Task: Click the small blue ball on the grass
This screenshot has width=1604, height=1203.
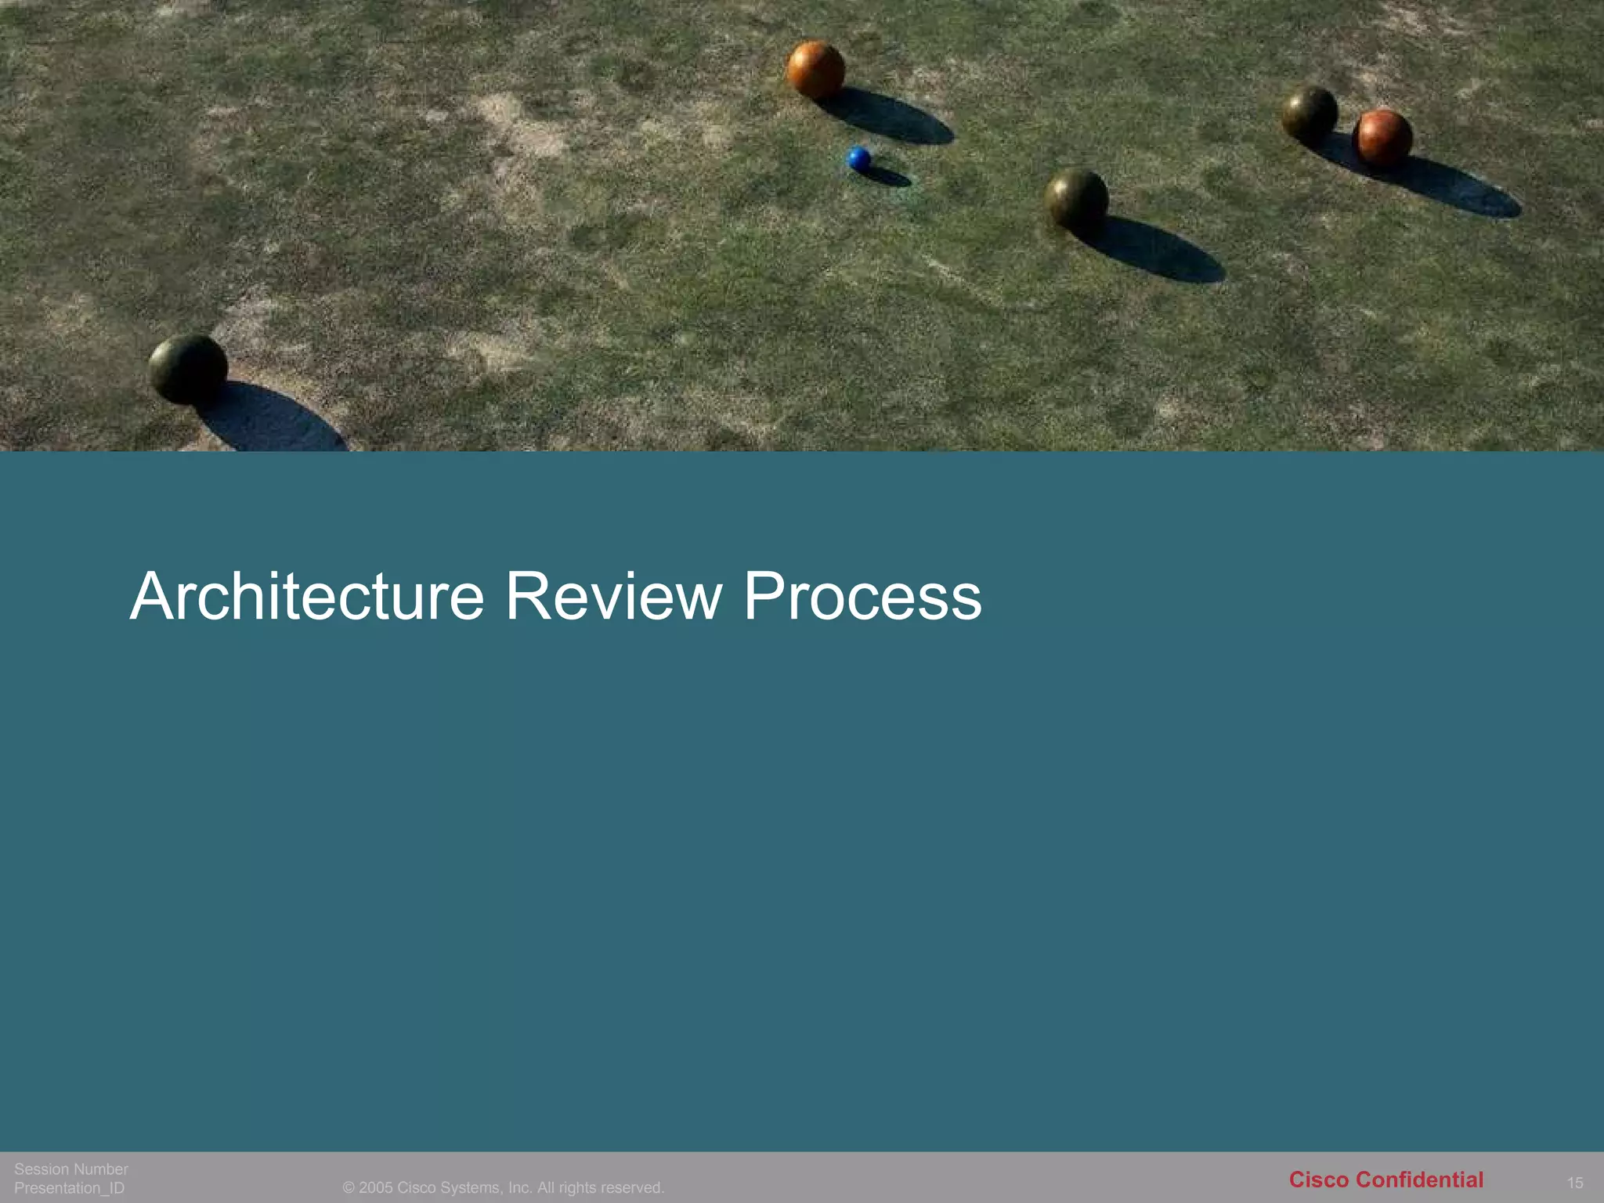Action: click(859, 159)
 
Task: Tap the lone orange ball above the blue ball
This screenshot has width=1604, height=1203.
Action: click(815, 69)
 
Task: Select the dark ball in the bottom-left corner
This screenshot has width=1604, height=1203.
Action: click(188, 369)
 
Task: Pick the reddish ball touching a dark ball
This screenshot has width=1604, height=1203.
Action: click(1382, 137)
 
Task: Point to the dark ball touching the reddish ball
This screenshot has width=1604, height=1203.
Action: click(1309, 114)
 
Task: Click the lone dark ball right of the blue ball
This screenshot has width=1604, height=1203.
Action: click(1077, 198)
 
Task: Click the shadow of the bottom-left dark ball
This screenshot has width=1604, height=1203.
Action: click(270, 423)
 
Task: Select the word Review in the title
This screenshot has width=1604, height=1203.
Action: click(612, 597)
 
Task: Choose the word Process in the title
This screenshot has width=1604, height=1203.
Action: click(862, 597)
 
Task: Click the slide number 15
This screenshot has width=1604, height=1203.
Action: click(1575, 1183)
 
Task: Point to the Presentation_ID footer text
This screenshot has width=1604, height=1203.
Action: click(69, 1188)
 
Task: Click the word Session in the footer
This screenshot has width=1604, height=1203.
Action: click(42, 1169)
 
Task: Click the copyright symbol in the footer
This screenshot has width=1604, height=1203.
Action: click(349, 1188)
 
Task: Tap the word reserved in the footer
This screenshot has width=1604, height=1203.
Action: click(632, 1188)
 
